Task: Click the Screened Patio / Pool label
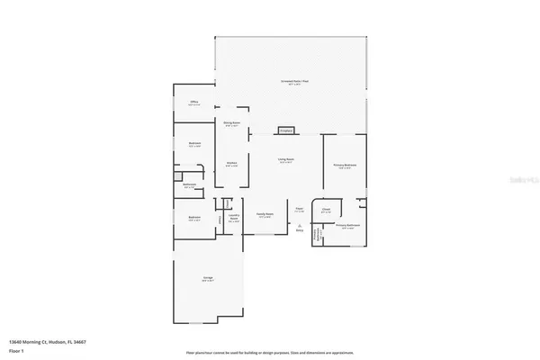pos(293,82)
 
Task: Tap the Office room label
pos(193,103)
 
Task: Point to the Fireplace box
pos(286,130)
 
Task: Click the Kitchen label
pos(230,164)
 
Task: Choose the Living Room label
pos(286,159)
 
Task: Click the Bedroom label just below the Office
pos(194,144)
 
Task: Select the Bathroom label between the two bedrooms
pos(190,185)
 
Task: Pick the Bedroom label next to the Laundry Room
pos(194,219)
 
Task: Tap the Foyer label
pos(300,211)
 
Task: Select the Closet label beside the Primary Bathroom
pos(327,211)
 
